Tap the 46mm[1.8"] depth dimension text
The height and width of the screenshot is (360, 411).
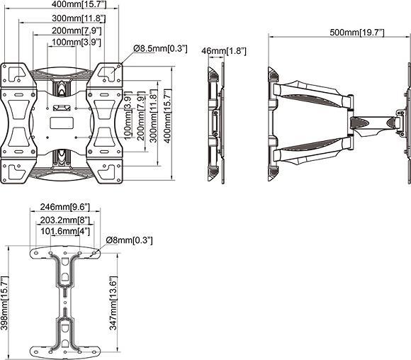coord(223,51)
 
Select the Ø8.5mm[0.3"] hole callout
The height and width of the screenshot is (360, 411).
coord(160,48)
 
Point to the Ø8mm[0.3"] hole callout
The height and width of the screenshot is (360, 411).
coord(129,240)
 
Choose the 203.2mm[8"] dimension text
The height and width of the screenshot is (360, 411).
coord(65,220)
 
